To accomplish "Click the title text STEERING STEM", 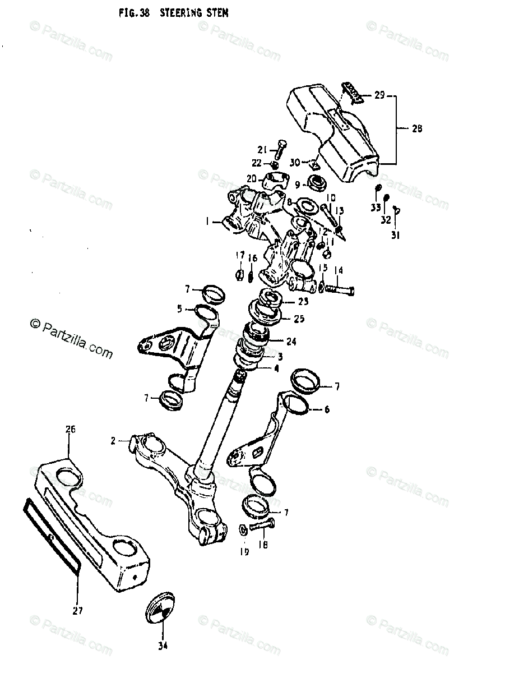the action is pyautogui.click(x=194, y=12).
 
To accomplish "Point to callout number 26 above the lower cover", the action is pyautogui.click(x=70, y=430).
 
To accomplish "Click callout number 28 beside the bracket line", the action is pyautogui.click(x=416, y=128).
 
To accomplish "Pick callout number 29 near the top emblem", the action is pyautogui.click(x=379, y=95).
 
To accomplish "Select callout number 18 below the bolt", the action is pyautogui.click(x=263, y=545).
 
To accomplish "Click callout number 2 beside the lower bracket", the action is pyautogui.click(x=113, y=441).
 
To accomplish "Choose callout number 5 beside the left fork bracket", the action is pyautogui.click(x=180, y=308).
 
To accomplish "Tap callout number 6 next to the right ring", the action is pyautogui.click(x=327, y=409).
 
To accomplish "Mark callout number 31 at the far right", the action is pyautogui.click(x=395, y=236).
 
